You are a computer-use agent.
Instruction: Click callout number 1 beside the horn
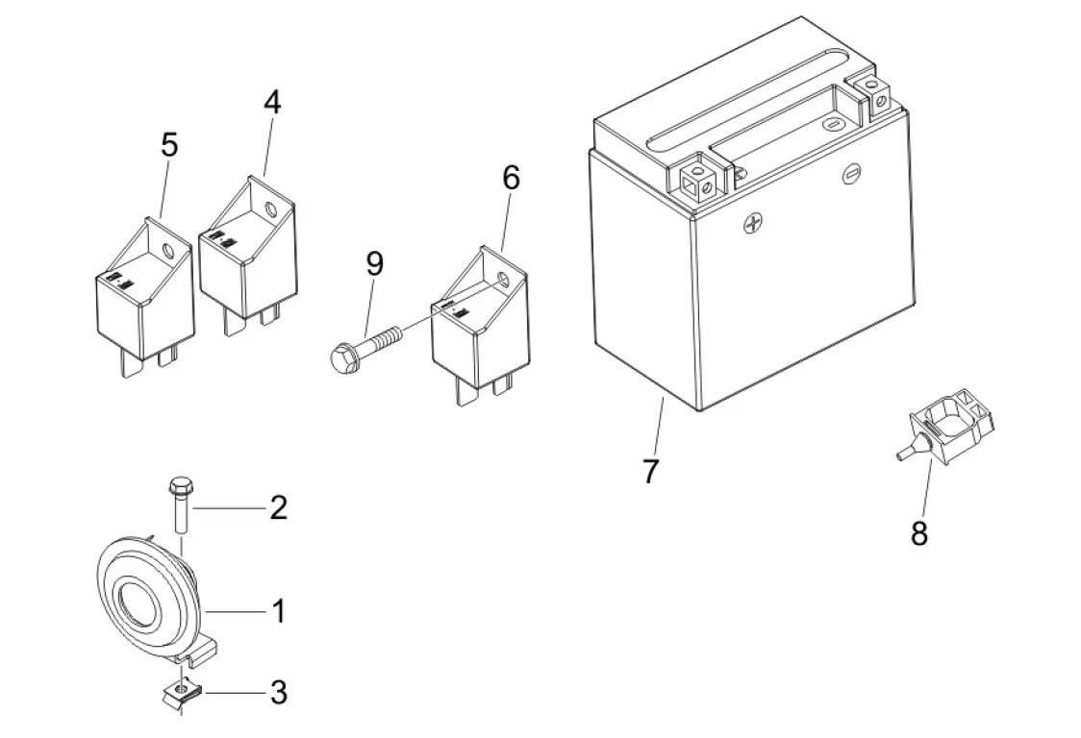coord(279,610)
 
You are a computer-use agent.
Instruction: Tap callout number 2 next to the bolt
coord(278,507)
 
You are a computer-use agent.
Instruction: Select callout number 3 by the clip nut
coord(278,693)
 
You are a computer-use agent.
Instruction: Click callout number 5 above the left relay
coord(169,145)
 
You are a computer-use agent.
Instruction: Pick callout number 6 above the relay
coord(511,178)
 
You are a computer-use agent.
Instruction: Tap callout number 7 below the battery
coord(651,471)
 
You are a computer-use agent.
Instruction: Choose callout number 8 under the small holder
coord(919,532)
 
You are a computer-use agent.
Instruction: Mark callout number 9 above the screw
coord(374,263)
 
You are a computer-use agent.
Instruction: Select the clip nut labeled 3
coord(181,691)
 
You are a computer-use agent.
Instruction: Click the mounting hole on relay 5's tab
coord(166,250)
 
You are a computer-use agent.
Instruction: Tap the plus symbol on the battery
coord(754,223)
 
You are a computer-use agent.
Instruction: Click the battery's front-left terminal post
coord(698,177)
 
